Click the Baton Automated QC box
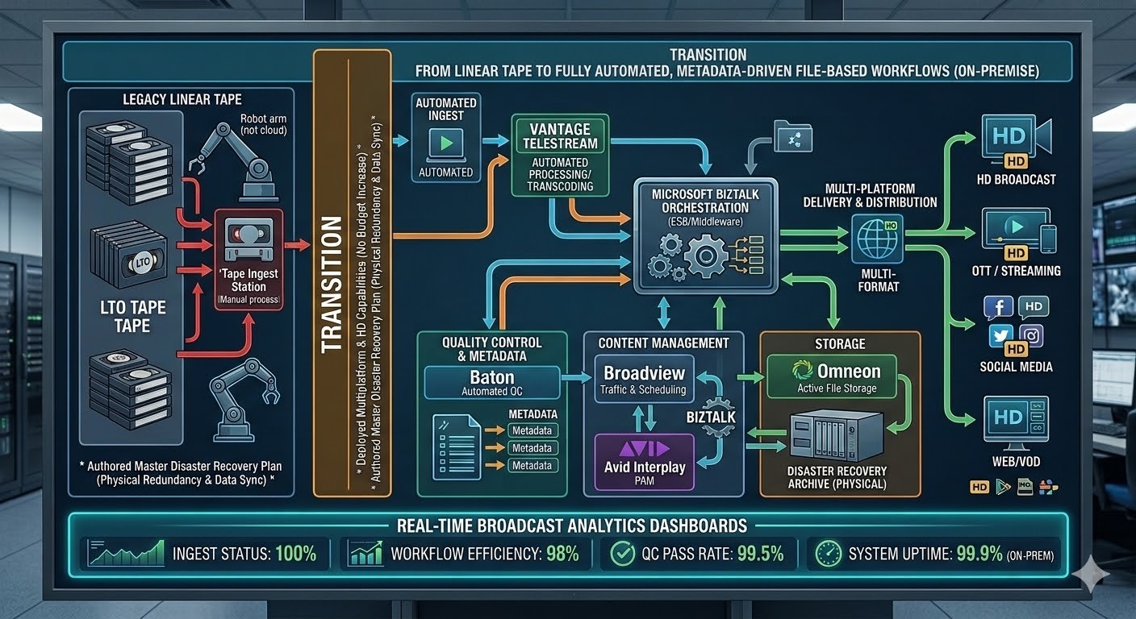click(491, 382)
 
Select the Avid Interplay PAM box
click(644, 462)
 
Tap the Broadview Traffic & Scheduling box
click(643, 379)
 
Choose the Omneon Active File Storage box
click(837, 377)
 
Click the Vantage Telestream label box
click(560, 135)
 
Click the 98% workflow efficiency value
click(562, 554)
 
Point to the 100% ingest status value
click(295, 554)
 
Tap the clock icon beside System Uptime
click(829, 553)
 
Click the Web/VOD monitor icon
click(1015, 419)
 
